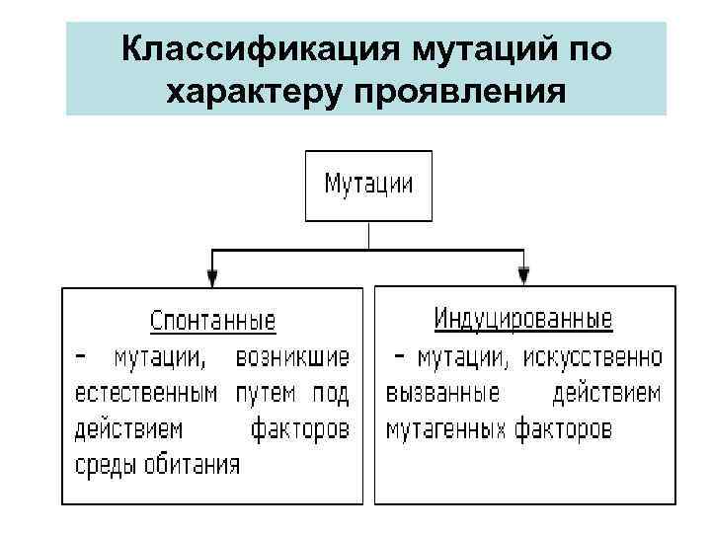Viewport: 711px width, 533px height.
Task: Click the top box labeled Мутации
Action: tap(368, 185)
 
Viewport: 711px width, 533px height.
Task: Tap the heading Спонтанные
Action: tap(212, 322)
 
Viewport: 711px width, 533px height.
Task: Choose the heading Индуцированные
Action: tap(523, 320)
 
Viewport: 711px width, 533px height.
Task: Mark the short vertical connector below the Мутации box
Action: tap(368, 235)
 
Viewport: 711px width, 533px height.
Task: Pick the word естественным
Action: tap(146, 394)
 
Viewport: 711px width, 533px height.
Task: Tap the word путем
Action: tap(266, 394)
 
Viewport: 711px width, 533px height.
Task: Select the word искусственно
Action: tap(595, 357)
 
